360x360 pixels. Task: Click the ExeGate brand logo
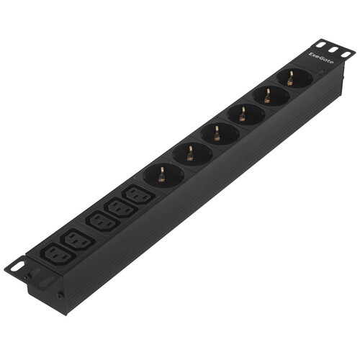coord(321,58)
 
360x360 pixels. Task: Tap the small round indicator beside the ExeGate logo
coord(321,71)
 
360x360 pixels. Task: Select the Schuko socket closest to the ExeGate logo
coord(294,78)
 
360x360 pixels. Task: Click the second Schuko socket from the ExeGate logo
coord(271,96)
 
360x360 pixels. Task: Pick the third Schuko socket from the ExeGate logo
coord(246,114)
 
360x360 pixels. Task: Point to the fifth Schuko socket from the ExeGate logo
coord(192,153)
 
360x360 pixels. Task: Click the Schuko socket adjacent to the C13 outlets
coord(163,175)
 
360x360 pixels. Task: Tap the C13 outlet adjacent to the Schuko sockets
coord(139,195)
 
